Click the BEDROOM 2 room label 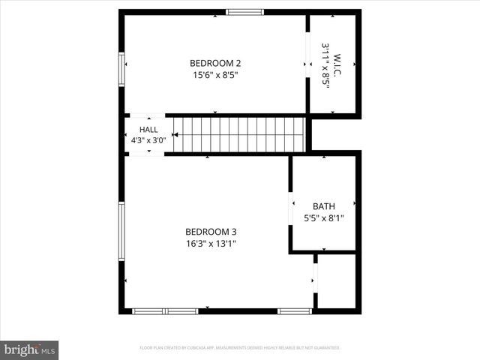point(215,63)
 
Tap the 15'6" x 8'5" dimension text point(215,74)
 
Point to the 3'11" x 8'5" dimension point(325,65)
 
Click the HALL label point(148,130)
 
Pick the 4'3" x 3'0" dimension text point(148,140)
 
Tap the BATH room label point(324,206)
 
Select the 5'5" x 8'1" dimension point(324,218)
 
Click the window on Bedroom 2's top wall point(245,12)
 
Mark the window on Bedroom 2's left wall point(121,69)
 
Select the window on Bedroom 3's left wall point(121,231)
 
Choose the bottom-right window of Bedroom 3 point(295,310)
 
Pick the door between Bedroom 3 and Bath point(291,208)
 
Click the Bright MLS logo point(30,349)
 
